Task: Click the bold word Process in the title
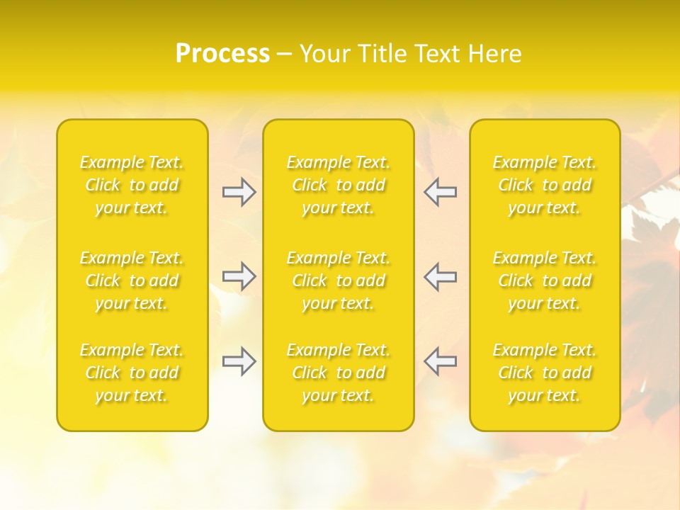tap(222, 54)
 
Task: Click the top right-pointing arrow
tap(239, 192)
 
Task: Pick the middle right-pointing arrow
tap(239, 276)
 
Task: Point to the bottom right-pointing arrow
tap(239, 361)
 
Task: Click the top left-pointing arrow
tap(440, 192)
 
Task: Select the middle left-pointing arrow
tap(440, 276)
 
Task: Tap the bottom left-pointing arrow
tap(440, 361)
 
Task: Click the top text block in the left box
tap(132, 185)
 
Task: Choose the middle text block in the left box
tap(132, 280)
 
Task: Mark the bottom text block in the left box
tap(132, 373)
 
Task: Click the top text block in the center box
tap(339, 185)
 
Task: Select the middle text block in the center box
tap(339, 280)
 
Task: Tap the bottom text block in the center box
tap(339, 373)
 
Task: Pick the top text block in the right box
tap(545, 185)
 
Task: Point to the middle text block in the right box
tap(545, 280)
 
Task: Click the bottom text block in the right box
tap(545, 373)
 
